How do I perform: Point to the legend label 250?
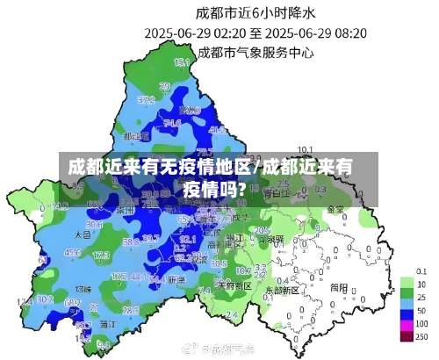(x=422, y=336)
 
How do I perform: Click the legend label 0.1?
(x=422, y=270)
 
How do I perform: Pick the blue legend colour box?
(x=406, y=311)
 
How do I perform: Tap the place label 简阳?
(x=339, y=286)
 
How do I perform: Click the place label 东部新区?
(x=283, y=288)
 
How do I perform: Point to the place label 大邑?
(x=83, y=234)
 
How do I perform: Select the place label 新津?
(x=176, y=279)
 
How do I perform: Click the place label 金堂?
(x=335, y=210)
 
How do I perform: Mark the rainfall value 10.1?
(x=306, y=149)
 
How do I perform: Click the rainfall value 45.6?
(x=74, y=252)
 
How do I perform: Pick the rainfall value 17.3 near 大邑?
(x=99, y=255)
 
